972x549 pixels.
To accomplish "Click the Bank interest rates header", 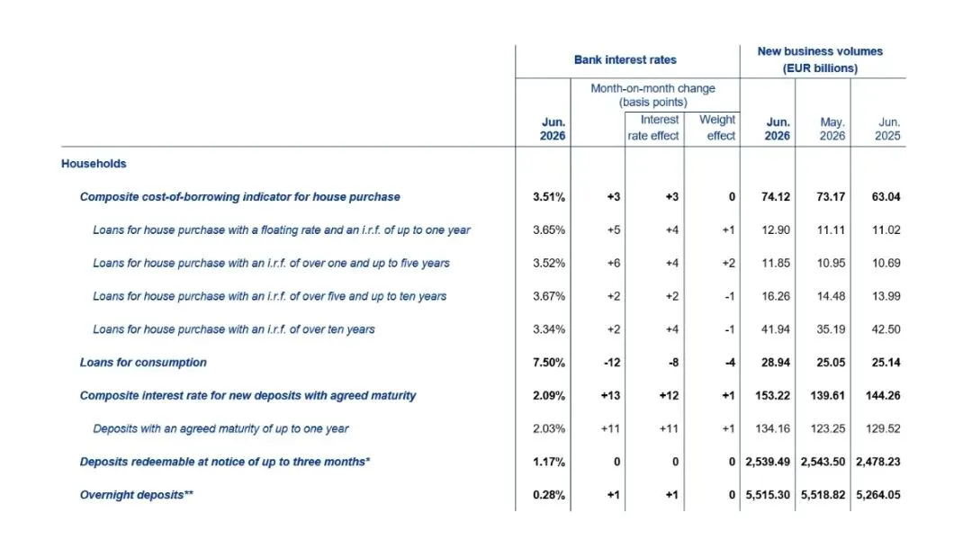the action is (625, 60).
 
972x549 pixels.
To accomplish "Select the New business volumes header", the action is (820, 59).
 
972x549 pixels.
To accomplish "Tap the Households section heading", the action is (94, 164).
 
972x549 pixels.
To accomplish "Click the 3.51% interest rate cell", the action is (549, 197).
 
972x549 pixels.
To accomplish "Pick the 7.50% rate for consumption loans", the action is (549, 363).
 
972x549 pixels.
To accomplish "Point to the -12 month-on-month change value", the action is (612, 363).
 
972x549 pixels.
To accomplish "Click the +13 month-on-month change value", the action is (610, 395).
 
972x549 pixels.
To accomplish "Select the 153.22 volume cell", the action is (772, 395).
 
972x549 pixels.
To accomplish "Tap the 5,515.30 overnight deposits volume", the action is (768, 495).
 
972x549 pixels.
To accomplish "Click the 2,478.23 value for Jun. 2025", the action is (878, 462).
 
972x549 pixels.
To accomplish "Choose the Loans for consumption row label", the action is (143, 363).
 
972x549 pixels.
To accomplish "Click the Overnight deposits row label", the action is (137, 495).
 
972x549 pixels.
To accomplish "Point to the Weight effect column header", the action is (717, 128).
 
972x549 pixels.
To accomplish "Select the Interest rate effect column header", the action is (653, 128).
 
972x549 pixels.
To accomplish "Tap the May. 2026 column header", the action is (832, 129).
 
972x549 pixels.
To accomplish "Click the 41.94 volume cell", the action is (776, 329).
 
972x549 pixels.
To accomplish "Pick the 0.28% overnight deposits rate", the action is (549, 495).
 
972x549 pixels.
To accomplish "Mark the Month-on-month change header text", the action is (652, 95).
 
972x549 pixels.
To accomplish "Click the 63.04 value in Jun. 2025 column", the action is (886, 197).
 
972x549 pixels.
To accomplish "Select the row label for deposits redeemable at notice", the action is (225, 462).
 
